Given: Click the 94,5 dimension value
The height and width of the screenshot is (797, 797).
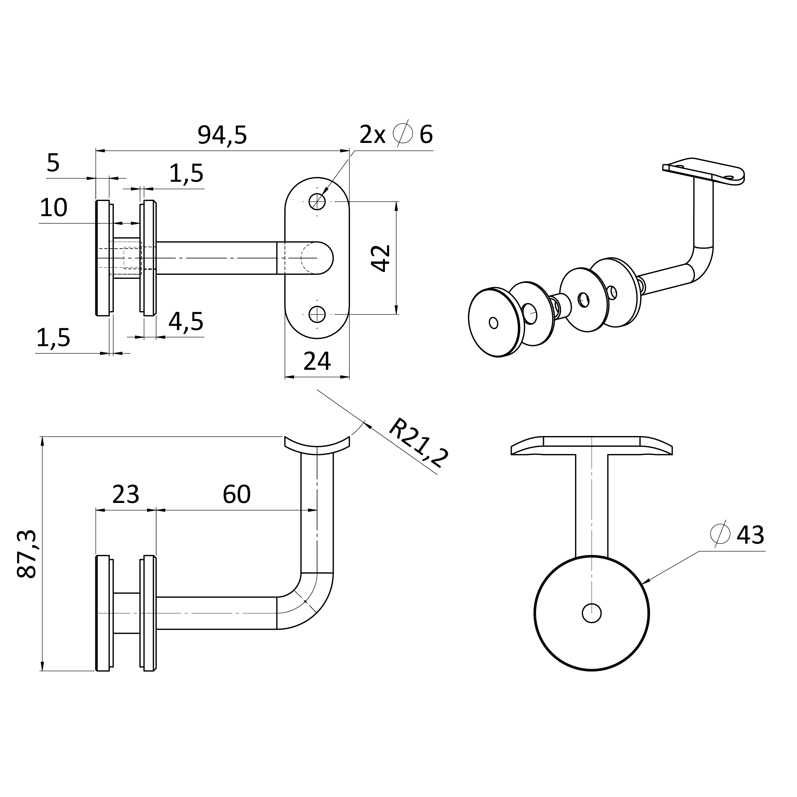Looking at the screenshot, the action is point(222,135).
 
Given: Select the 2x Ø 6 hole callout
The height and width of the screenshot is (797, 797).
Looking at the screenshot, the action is point(396,134).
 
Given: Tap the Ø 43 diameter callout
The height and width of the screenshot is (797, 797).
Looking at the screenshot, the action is point(737,535).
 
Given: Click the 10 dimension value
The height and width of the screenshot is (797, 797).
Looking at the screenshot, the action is point(54,208).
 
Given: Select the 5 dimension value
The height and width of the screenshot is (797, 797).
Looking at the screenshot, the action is point(53,163).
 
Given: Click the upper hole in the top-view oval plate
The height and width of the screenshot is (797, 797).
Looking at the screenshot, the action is point(317,202).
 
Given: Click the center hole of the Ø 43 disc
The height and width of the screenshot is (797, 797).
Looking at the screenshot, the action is point(592,613).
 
